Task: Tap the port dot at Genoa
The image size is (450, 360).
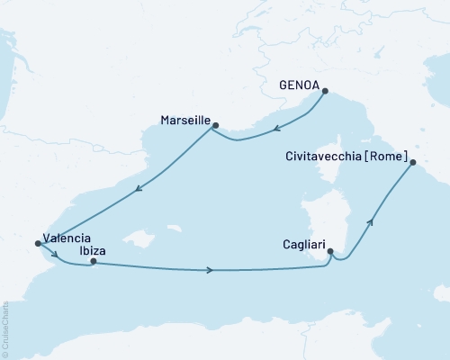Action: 325,90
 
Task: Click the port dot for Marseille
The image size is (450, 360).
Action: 215,126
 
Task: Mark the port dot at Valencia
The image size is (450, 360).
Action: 37,242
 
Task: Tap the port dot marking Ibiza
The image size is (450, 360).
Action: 94,262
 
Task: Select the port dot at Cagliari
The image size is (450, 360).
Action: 330,252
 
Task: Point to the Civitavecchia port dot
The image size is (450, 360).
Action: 412,163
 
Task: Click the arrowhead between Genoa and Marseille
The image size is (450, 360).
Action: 277,128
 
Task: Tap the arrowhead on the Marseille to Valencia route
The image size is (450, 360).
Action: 138,189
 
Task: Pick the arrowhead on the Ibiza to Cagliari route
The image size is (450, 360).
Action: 210,270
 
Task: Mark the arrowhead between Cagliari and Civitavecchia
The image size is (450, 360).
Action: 370,221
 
